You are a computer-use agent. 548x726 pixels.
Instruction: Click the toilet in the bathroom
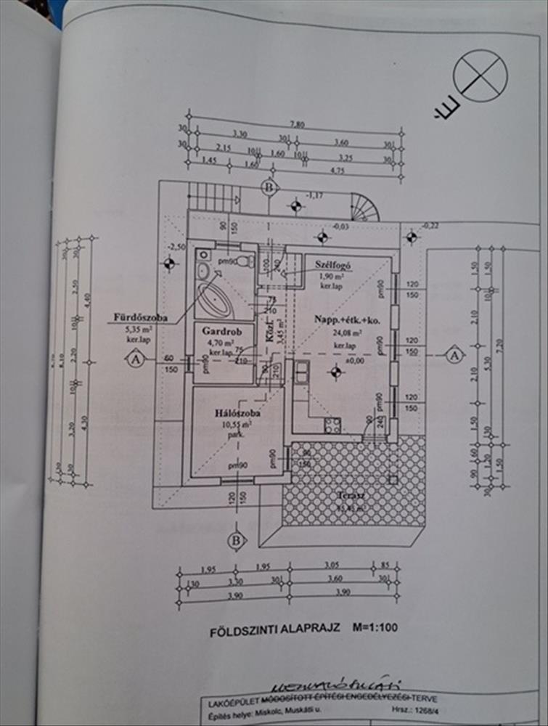[x=245, y=261]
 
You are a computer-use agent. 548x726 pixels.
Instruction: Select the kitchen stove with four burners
[x=332, y=425]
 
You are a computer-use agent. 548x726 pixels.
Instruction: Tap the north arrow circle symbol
[x=480, y=76]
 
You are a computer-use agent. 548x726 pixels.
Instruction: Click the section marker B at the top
[x=270, y=188]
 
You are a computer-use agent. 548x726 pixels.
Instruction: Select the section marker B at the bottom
[x=235, y=541]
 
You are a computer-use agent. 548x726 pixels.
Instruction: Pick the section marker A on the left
[x=134, y=357]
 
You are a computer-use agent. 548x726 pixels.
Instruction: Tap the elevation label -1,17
[x=316, y=195]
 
